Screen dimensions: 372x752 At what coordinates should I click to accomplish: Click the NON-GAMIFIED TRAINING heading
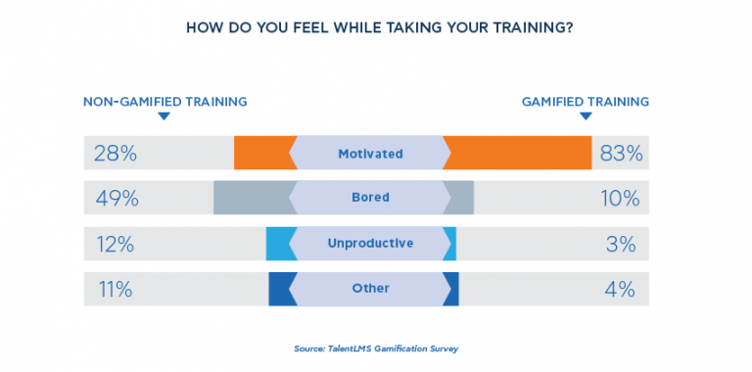coord(164,101)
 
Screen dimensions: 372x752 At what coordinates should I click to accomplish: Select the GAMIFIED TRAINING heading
coord(586,101)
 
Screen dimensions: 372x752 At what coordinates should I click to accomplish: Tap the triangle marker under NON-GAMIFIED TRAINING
coord(164,116)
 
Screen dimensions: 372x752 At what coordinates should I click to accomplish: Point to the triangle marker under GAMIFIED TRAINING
coord(586,116)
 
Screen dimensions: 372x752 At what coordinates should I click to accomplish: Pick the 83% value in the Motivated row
coord(622,154)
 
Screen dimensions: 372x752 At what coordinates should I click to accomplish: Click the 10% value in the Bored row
coord(622,199)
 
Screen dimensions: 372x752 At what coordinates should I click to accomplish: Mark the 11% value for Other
coord(114,289)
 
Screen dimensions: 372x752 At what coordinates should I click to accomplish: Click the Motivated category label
coord(370,154)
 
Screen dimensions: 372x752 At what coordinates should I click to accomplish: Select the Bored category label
coord(370,198)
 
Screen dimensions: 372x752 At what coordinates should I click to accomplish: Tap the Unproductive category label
coord(370,243)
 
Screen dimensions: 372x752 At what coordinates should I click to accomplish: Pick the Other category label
coord(370,288)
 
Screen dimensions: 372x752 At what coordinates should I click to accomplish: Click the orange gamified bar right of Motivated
coord(519,154)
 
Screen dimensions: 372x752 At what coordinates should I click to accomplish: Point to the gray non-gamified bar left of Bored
coord(253,198)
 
